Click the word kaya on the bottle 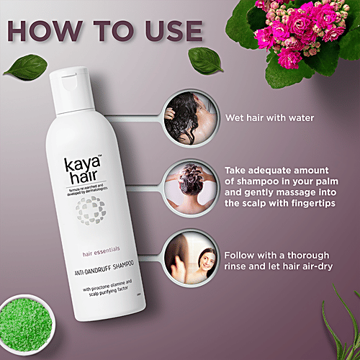tap(94, 162)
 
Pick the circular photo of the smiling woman tap(188, 258)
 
